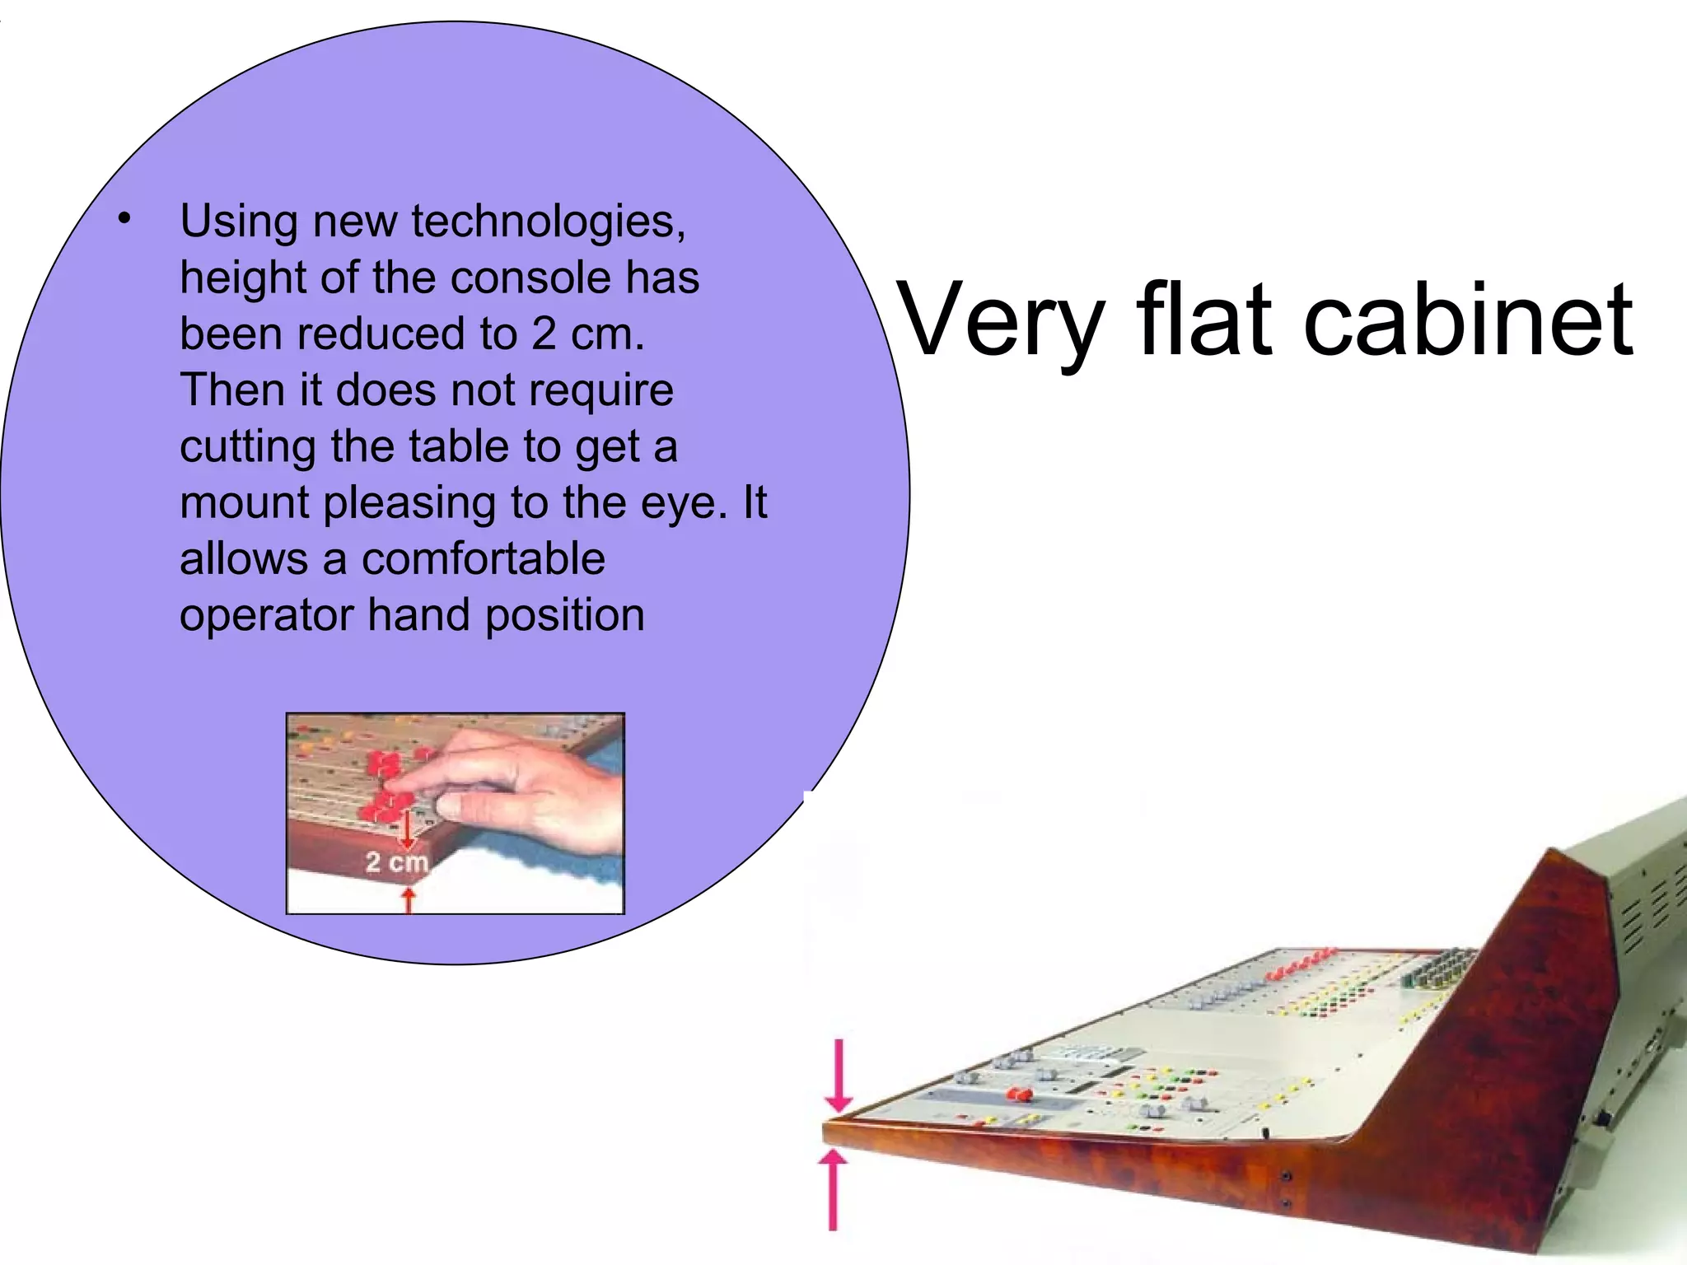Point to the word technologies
tap(548, 222)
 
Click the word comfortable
tap(484, 559)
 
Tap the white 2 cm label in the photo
tap(397, 862)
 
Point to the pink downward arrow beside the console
tap(839, 1075)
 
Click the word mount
tap(245, 503)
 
